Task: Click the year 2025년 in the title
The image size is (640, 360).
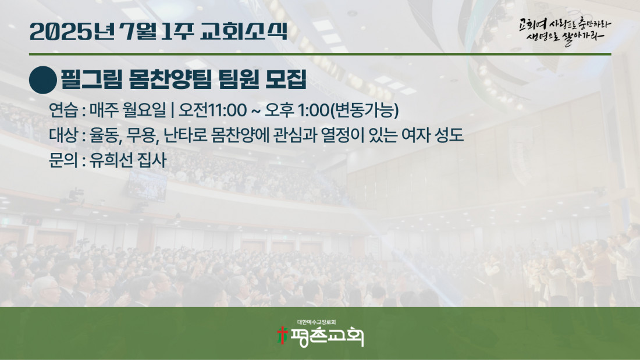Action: point(72,31)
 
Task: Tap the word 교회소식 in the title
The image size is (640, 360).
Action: point(244,31)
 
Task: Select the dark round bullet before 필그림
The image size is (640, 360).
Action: point(43,80)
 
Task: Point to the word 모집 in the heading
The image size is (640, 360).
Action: point(286,79)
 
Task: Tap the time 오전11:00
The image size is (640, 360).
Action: point(212,110)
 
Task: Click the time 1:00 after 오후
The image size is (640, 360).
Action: point(313,110)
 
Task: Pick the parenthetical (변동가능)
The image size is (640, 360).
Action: point(364,110)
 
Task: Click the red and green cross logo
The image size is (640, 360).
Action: point(282,335)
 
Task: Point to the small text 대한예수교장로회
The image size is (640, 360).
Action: point(317,322)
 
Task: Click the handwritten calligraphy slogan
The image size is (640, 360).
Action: point(565,31)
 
